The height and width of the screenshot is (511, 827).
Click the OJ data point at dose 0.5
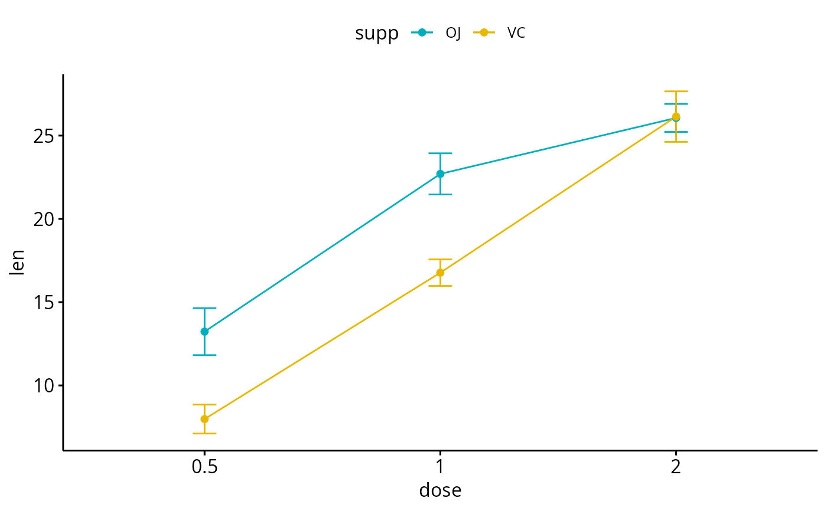(204, 332)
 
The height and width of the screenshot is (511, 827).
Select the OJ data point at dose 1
(440, 174)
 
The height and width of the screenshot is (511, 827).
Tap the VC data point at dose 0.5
(204, 419)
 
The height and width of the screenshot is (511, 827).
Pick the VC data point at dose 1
(440, 273)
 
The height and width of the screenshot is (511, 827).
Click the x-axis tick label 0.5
(204, 469)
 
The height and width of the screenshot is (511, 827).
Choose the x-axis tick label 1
(440, 469)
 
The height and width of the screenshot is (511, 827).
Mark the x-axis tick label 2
(676, 469)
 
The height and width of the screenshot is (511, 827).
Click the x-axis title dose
(440, 490)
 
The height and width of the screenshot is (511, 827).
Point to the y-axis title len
(18, 263)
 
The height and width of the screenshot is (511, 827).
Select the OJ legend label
(453, 33)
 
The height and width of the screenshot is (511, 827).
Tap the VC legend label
(516, 33)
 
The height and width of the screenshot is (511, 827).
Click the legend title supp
(376, 34)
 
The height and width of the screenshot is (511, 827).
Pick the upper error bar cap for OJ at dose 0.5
(204, 308)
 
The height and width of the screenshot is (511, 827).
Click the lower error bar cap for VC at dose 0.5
(204, 434)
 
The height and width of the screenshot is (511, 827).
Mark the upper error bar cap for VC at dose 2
(676, 91)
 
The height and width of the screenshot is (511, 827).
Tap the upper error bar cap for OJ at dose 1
(440, 153)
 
